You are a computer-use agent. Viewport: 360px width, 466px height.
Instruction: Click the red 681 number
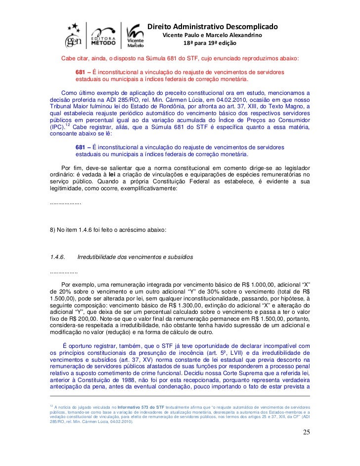tap(80, 72)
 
